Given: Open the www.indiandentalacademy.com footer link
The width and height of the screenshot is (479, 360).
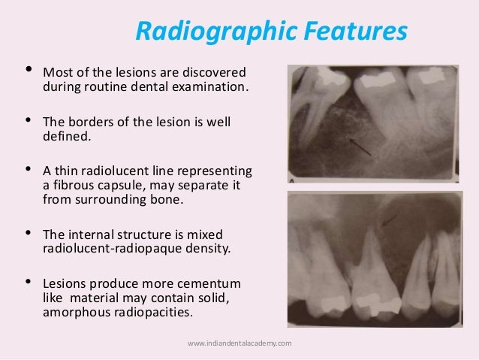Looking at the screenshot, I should [239, 343].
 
